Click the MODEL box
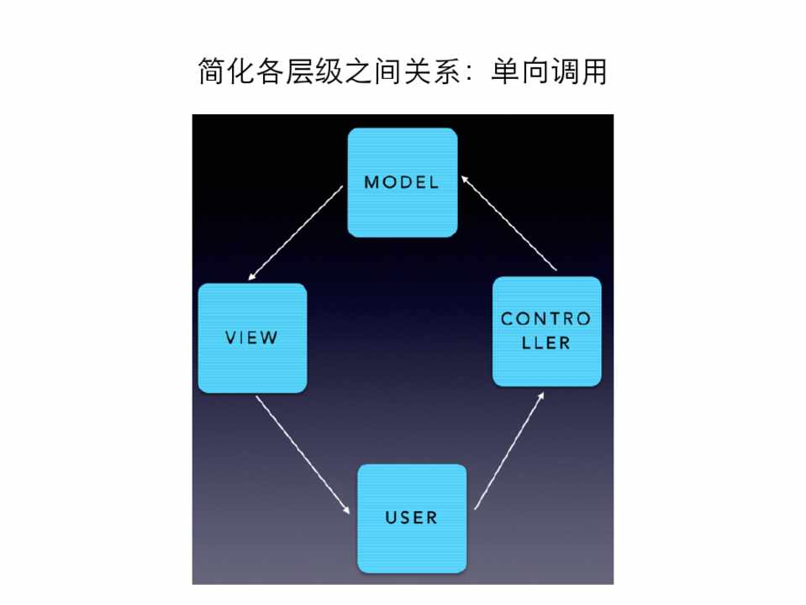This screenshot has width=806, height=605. [403, 182]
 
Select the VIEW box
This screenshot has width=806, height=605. [252, 338]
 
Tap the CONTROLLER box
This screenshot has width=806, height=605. [546, 331]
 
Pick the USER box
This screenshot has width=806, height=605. [412, 518]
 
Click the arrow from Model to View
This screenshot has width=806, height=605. [296, 234]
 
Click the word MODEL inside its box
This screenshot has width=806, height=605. [402, 182]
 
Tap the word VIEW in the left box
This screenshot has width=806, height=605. [251, 338]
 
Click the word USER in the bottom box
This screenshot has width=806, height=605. [412, 517]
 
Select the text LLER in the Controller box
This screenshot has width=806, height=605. [546, 343]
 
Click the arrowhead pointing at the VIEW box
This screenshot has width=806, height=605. [252, 277]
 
